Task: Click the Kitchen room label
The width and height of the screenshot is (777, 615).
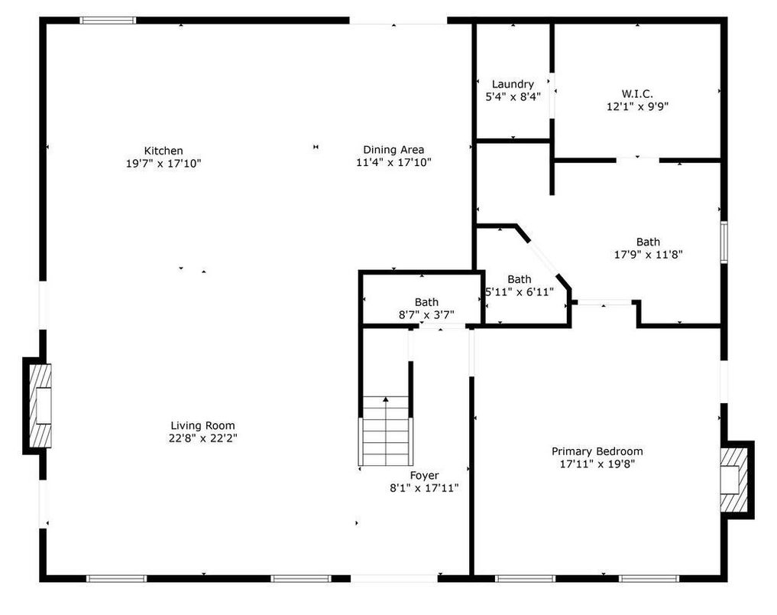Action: coord(163,151)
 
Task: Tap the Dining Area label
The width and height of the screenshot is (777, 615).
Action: coord(393,150)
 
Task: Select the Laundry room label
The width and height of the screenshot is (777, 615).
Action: coord(513,84)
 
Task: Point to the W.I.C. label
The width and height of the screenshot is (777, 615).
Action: coord(637,93)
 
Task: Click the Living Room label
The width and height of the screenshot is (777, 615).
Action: coord(202,425)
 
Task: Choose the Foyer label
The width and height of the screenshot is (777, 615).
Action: coord(424,476)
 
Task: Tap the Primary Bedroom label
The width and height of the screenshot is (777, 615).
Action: coord(597,451)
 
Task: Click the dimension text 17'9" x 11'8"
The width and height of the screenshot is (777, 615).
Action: coord(648,255)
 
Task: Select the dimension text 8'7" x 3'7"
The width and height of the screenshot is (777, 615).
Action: coord(426,314)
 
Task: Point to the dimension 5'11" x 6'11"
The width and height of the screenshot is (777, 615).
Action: coord(519,292)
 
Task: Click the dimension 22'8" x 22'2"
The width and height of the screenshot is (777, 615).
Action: coord(202,438)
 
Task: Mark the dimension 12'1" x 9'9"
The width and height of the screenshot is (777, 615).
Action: coord(637,106)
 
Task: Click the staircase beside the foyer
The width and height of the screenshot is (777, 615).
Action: coord(386,431)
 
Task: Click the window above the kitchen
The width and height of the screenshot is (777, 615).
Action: coord(108,21)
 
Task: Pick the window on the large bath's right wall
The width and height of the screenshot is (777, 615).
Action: coord(724,242)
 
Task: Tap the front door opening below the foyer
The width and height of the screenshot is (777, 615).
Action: coord(394,578)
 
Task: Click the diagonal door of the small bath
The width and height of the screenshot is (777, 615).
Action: coord(543,258)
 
